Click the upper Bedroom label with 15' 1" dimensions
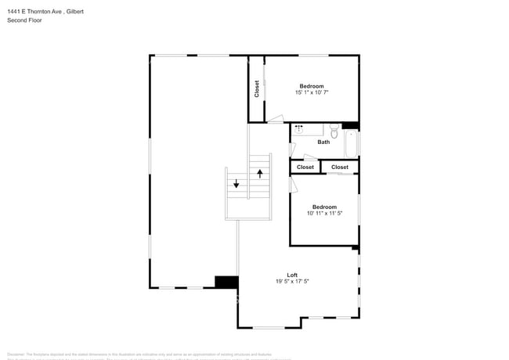[311, 86]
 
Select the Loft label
[292, 275]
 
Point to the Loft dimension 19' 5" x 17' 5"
[292, 282]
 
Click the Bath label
[323, 142]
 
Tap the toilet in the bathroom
[334, 130]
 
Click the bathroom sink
[298, 127]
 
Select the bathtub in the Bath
[351, 142]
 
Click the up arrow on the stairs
[260, 174]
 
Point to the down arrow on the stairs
[236, 185]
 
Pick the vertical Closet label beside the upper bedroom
[256, 89]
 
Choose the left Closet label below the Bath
[305, 167]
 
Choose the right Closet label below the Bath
[340, 167]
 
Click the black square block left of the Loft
[226, 282]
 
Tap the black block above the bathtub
[349, 126]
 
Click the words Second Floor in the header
[25, 20]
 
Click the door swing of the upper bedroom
[275, 120]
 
